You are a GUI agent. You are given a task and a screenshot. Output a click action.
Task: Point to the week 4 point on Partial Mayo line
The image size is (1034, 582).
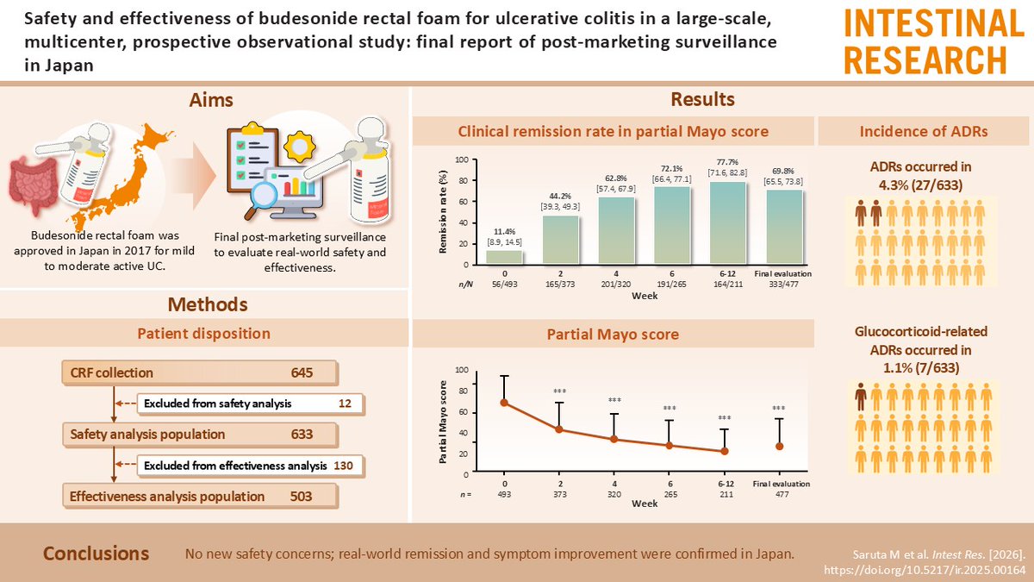tap(614, 439)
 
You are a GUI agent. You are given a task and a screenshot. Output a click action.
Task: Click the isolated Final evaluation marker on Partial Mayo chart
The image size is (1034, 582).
tap(779, 446)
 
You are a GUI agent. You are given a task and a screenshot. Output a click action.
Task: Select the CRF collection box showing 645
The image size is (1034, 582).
tap(199, 373)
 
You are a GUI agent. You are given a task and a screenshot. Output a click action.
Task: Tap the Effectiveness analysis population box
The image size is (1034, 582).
tap(199, 497)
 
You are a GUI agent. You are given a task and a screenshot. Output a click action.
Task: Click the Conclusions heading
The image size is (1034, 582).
tap(96, 554)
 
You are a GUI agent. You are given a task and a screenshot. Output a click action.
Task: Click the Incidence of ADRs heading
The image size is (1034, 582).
tap(923, 131)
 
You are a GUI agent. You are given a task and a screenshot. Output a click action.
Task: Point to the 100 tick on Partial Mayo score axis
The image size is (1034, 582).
tap(461, 370)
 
